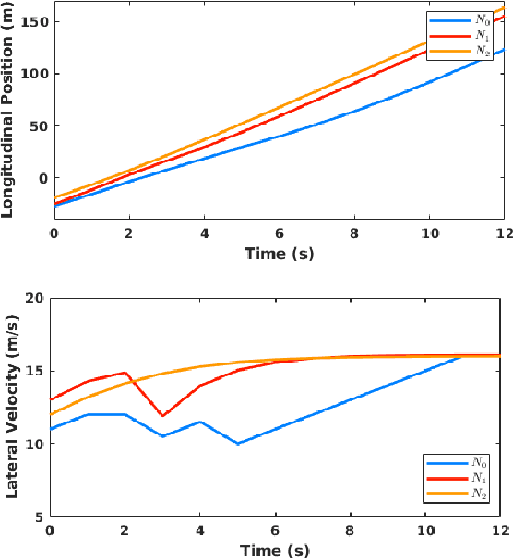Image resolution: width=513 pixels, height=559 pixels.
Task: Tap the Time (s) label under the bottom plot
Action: pyautogui.click(x=276, y=551)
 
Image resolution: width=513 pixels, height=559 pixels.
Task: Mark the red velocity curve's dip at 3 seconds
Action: pyautogui.click(x=162, y=415)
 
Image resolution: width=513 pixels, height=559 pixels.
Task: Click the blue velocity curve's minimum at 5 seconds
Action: pyautogui.click(x=238, y=443)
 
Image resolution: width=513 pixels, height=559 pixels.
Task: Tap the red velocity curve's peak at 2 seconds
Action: pyautogui.click(x=125, y=373)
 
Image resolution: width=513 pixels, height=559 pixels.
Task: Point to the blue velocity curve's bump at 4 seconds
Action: pyautogui.click(x=200, y=422)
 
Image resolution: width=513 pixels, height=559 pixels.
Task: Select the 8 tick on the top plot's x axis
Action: pyautogui.click(x=352, y=234)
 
